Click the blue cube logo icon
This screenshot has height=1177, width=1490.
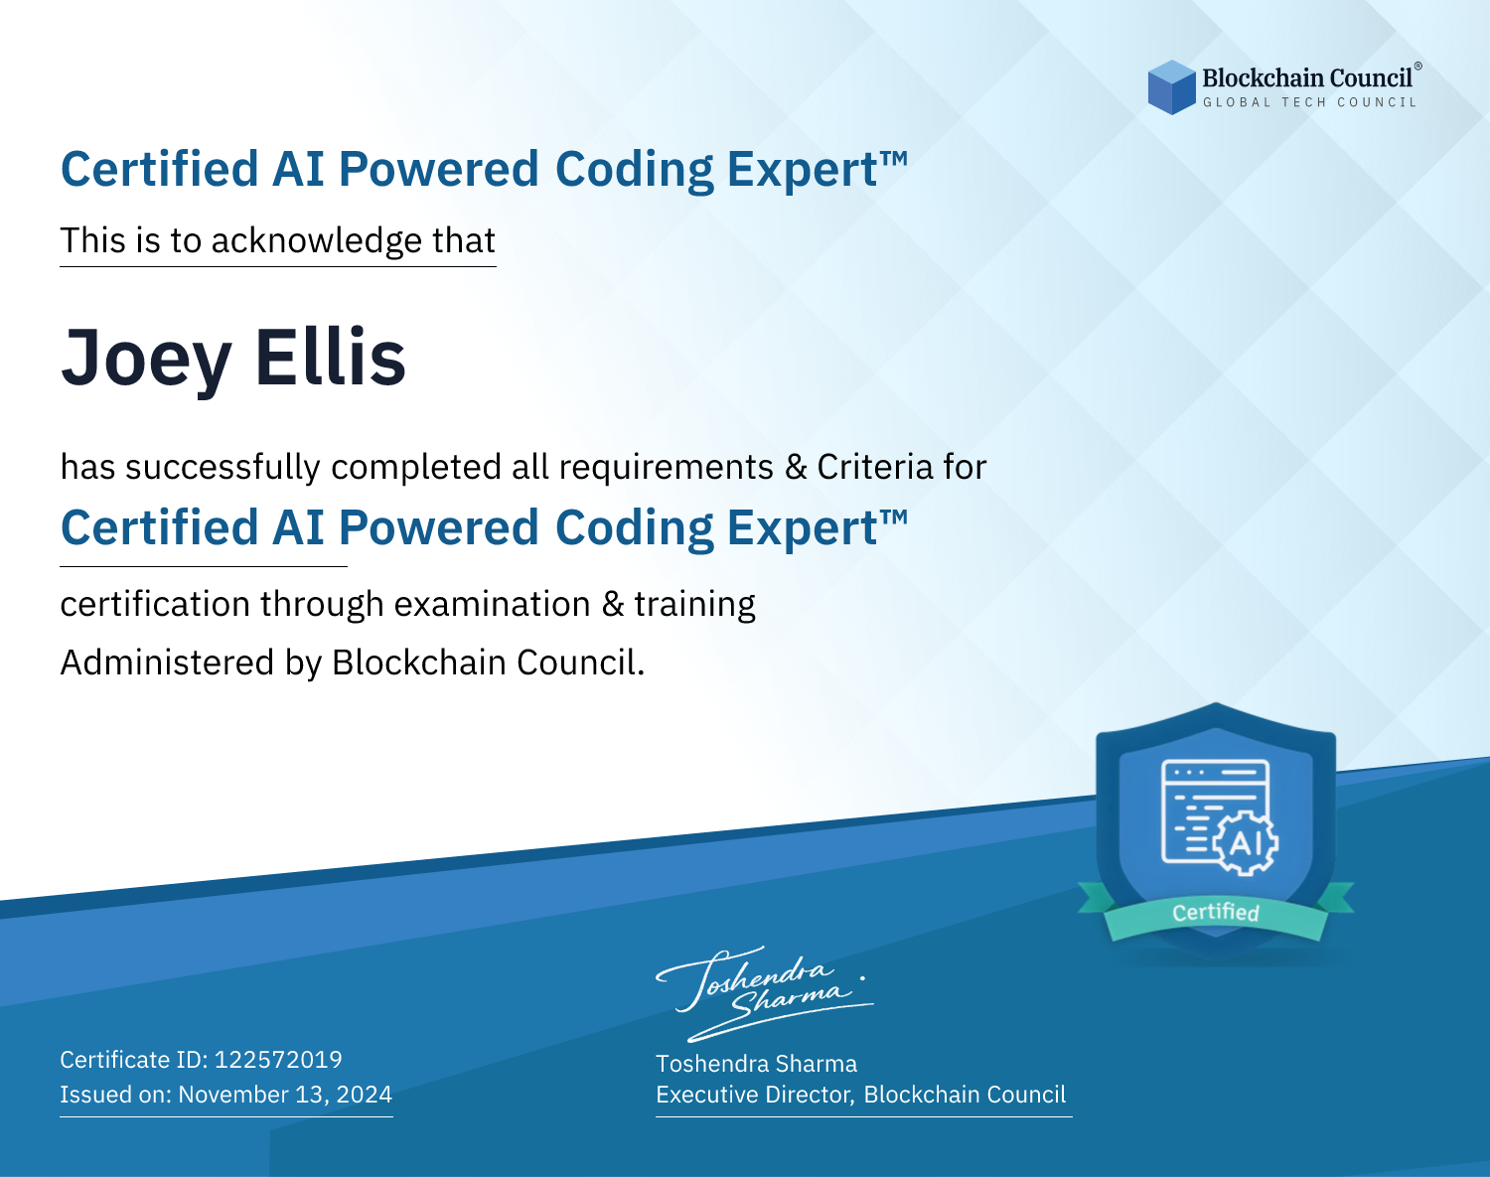(1171, 87)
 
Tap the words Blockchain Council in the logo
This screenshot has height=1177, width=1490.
(1307, 78)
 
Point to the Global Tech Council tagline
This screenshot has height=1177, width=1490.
(1309, 102)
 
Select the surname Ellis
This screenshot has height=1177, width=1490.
(330, 356)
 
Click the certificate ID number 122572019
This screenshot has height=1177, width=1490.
(278, 1059)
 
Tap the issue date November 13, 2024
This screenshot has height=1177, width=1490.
(285, 1094)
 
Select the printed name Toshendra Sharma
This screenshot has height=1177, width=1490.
(756, 1064)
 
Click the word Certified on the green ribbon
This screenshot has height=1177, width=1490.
(1216, 913)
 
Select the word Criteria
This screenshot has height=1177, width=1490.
(875, 467)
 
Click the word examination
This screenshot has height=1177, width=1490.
(493, 604)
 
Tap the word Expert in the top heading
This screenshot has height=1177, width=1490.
(803, 170)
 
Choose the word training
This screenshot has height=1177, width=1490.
(694, 605)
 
